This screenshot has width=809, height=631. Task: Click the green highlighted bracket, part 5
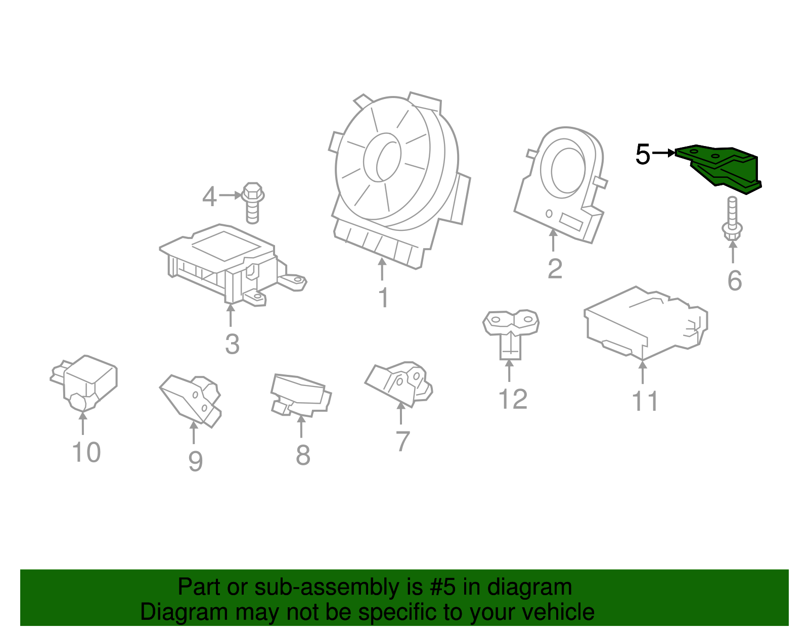(x=723, y=169)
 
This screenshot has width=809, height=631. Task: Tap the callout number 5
(x=643, y=155)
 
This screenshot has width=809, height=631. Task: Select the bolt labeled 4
(x=252, y=202)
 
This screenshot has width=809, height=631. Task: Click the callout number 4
(x=209, y=197)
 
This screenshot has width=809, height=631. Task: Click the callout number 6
(x=734, y=281)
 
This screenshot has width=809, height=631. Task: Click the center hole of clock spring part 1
(x=383, y=157)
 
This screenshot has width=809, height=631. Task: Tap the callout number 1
(x=384, y=298)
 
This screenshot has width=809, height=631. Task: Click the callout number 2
(x=555, y=269)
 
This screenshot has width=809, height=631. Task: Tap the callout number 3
(x=232, y=344)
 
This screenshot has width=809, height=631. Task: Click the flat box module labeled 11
(x=645, y=323)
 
